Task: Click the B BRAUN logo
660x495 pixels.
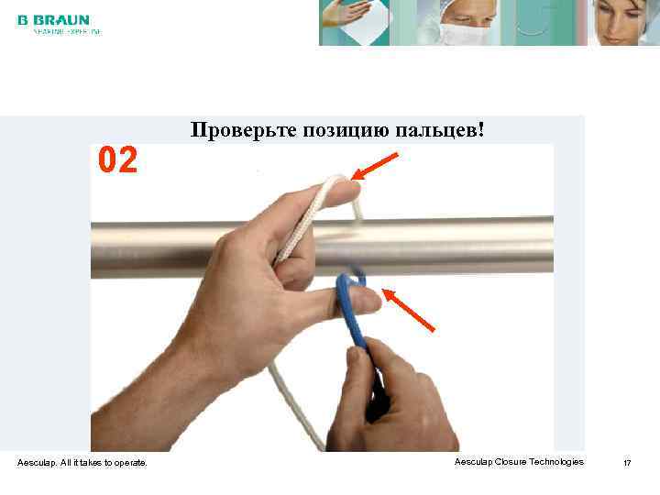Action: click(53, 19)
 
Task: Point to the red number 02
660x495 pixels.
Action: click(118, 161)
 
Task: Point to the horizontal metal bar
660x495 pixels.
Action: click(477, 246)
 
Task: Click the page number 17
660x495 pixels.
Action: click(627, 463)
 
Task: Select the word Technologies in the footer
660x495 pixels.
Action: click(553, 462)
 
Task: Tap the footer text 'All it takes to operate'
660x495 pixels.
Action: click(101, 463)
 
